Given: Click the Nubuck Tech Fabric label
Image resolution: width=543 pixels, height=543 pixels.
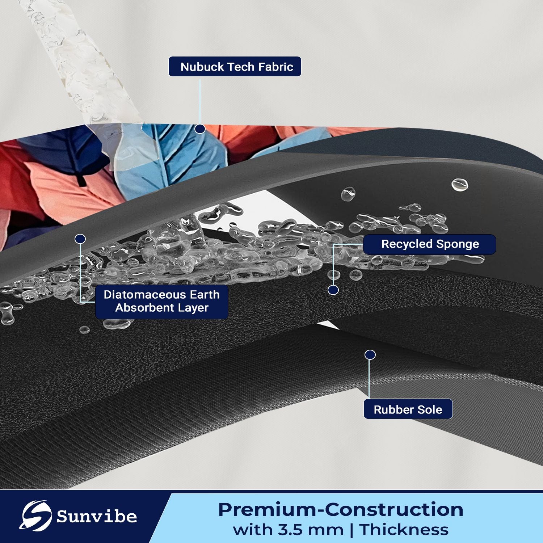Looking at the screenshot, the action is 235,67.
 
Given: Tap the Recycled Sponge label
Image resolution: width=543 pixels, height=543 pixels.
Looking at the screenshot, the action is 430,244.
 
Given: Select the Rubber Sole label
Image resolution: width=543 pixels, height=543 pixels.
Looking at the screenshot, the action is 408,409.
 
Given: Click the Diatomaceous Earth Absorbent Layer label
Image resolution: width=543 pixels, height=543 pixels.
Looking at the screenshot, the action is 161,302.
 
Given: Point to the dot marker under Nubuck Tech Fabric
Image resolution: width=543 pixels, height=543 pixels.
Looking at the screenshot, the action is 200,129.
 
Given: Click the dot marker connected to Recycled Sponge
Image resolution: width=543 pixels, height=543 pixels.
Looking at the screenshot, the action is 333,290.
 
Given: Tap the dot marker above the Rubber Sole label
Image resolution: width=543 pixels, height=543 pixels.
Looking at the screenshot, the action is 370,355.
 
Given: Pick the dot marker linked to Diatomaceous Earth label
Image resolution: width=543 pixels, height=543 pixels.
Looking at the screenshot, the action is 80,239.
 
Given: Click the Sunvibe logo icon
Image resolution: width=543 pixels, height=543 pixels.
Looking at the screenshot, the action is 35,516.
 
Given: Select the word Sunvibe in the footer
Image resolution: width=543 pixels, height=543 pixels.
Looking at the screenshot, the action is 97,517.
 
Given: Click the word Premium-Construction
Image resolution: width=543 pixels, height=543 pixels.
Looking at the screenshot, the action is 341,510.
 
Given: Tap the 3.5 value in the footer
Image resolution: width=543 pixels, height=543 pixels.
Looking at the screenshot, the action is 290,530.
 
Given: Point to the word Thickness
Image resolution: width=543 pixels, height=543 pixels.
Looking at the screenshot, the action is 404,530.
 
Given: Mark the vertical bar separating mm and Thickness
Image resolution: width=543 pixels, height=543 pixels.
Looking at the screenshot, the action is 352,530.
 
